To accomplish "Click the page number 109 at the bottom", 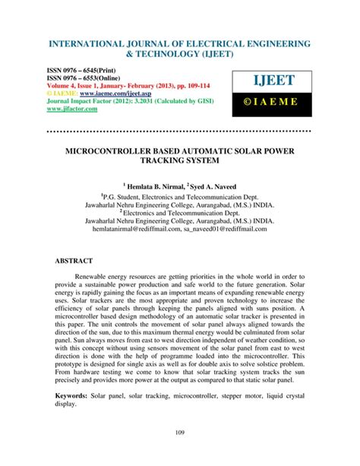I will pyautogui.click(x=180, y=434).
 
